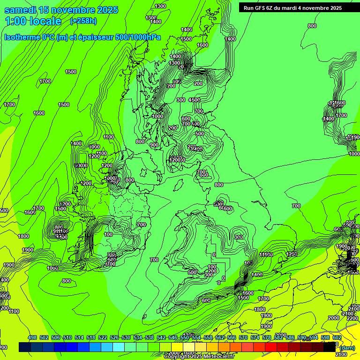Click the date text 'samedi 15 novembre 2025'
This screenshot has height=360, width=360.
(x=61, y=10)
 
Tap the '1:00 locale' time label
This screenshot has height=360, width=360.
(x=33, y=21)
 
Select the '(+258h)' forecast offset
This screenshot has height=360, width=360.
(x=83, y=21)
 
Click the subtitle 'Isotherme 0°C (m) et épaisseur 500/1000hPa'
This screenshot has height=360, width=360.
(x=82, y=37)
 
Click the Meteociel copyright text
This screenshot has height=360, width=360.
(x=199, y=357)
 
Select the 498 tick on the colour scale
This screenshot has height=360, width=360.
(x=32, y=337)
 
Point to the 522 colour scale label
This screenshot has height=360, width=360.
(x=103, y=337)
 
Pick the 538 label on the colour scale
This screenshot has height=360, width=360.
(x=150, y=337)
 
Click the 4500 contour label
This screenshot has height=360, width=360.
(x=194, y=100)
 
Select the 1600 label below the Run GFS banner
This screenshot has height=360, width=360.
(x=202, y=45)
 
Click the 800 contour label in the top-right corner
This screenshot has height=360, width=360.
(x=312, y=26)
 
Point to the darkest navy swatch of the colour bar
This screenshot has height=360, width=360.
(x=25, y=347)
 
